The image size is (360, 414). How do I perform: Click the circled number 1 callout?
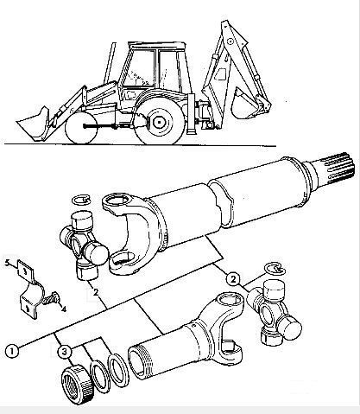12,351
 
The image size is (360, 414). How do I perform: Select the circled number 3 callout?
64,352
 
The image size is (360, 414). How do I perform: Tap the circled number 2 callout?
233,278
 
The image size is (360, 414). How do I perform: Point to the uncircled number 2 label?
96,292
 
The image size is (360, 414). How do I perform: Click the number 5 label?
8,262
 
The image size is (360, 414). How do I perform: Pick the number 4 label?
64,309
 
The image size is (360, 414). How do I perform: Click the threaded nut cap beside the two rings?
78,384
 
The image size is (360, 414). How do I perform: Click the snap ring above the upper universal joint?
81,200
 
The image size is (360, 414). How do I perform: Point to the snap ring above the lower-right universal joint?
275,268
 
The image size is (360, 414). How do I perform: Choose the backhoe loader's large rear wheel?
159,122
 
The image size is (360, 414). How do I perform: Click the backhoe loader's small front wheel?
80,127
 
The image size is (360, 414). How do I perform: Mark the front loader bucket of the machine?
32,124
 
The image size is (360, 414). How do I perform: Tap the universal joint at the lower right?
274,313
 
